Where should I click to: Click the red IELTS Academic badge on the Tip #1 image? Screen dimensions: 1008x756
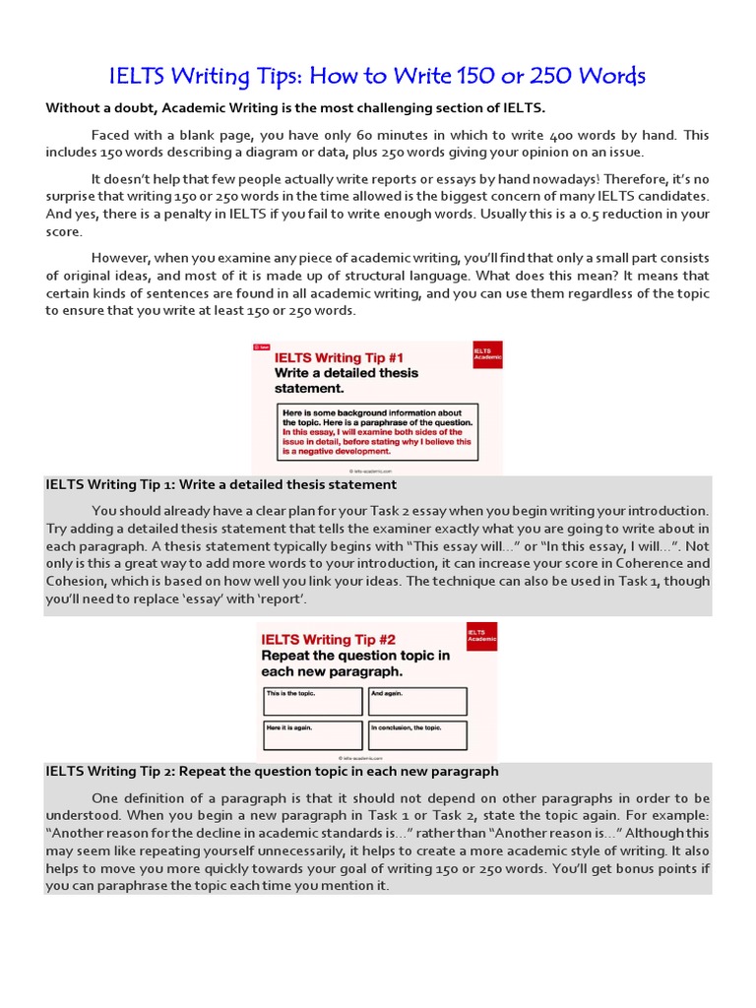point(486,354)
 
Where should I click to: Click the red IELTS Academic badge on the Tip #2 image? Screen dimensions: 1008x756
point(481,636)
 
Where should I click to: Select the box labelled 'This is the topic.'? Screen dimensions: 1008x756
point(312,701)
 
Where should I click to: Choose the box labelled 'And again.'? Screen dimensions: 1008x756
point(417,701)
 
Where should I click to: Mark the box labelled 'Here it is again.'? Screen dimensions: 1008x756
point(312,735)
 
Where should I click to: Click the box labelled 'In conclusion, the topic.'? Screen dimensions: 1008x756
point(417,735)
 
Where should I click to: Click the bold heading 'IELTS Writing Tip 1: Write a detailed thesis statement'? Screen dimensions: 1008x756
point(221,485)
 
